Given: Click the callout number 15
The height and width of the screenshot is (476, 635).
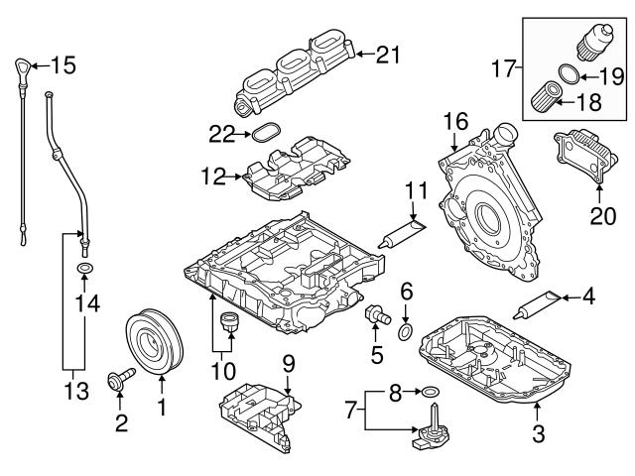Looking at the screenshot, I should (x=63, y=67).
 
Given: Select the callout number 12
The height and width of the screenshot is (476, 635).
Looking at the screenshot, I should (x=211, y=177).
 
